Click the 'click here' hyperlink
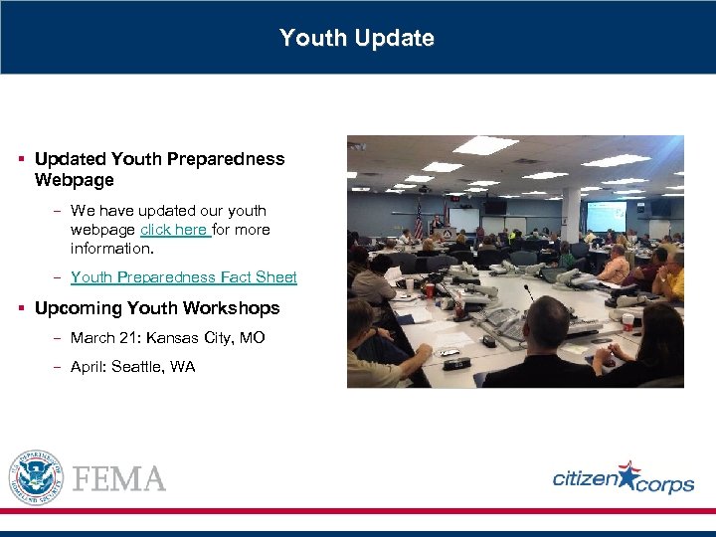point(174,230)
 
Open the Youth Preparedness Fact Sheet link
point(184,277)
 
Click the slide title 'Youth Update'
point(357,38)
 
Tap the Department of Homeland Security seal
point(36,477)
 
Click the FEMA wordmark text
point(119,479)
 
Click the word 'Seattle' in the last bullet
point(138,367)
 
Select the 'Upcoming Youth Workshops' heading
point(157,308)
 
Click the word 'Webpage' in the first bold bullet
point(75,180)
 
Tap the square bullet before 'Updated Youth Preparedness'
point(21,159)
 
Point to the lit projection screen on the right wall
point(606,216)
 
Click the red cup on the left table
point(429,289)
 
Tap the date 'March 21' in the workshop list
point(98,338)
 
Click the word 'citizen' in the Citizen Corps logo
point(585,480)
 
